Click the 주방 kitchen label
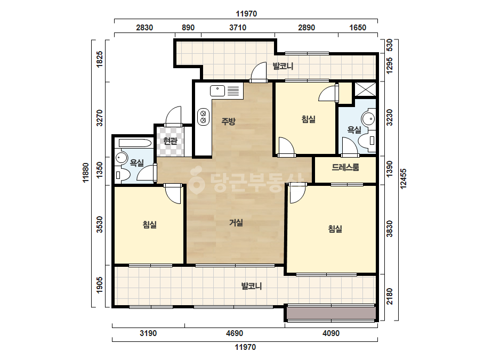coord(229,121)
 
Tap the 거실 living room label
coord(236,223)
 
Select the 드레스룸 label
coord(345,167)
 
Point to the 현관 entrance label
coord(171,141)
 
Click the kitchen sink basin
coord(217,91)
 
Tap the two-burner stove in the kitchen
coord(203,117)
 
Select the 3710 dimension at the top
coord(238,28)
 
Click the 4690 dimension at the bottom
coord(235,333)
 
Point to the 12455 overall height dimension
coord(404,179)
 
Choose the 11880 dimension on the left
coord(86,173)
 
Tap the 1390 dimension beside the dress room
coord(390,169)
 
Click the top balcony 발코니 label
coord(283,66)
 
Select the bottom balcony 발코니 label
coord(252,286)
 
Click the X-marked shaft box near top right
coord(365,89)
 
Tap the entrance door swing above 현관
coord(174,116)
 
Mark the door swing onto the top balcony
coord(259,72)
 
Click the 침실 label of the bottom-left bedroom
coord(150,225)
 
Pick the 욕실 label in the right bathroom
coord(354,130)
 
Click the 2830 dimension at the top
coord(144,28)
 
